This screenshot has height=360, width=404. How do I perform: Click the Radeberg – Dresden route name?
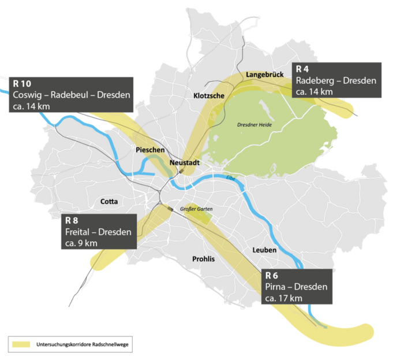[x=335, y=80]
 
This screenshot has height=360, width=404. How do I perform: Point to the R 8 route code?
[x=72, y=221]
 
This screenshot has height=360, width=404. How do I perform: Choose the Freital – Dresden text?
[x=98, y=232]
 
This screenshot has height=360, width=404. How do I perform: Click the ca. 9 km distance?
[x=81, y=243]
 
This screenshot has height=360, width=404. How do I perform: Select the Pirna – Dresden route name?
[x=296, y=287]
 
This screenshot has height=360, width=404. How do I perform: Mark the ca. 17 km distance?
[x=283, y=298]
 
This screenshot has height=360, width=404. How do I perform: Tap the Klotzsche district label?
[x=209, y=95]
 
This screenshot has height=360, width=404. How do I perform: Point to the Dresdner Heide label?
[x=254, y=125]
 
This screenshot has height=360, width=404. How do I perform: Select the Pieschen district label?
[x=151, y=150]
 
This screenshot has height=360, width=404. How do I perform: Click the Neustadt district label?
[x=185, y=164]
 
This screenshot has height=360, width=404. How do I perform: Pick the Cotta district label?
[x=109, y=202]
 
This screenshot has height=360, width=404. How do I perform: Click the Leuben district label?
[x=264, y=250]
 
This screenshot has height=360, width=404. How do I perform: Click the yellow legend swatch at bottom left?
[x=21, y=344]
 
